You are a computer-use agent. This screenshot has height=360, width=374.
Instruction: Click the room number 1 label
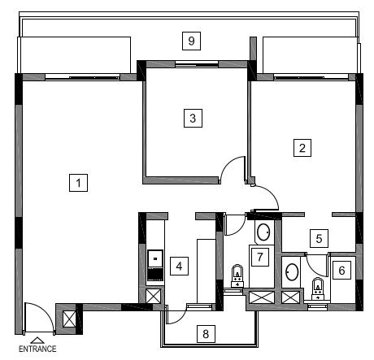click(78, 183)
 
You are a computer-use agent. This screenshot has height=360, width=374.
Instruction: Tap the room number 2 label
click(302, 148)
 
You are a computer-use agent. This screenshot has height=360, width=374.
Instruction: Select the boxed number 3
click(193, 118)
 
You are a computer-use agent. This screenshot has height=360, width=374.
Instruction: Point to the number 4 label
click(179, 266)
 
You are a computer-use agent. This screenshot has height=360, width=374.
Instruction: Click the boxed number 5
click(319, 238)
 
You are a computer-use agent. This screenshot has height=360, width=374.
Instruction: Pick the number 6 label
click(341, 270)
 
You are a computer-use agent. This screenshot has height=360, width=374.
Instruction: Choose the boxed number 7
click(260, 257)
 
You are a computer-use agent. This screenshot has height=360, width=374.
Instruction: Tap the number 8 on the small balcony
click(206, 334)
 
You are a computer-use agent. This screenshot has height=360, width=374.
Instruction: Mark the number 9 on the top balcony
click(191, 41)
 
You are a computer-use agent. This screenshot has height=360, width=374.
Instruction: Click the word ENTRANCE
click(37, 349)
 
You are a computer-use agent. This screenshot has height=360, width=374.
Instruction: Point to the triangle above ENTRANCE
click(37, 340)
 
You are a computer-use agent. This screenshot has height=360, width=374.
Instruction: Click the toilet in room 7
click(237, 275)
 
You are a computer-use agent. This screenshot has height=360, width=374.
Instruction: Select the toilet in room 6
click(317, 288)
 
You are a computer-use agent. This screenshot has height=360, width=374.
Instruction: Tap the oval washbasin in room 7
click(263, 232)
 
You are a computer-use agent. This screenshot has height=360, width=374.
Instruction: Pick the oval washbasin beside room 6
click(292, 272)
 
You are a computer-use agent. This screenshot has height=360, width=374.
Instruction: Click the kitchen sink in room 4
click(155, 258)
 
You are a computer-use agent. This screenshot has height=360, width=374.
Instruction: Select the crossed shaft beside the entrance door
click(69, 319)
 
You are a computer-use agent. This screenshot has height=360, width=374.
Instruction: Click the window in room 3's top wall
click(197, 64)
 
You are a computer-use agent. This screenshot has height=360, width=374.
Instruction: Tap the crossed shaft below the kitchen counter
click(154, 296)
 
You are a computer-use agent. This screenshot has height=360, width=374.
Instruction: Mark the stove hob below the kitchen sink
click(155, 274)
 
